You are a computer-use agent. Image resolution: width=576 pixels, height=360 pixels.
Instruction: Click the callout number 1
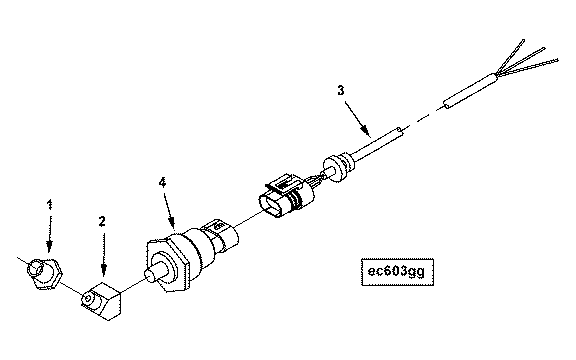(50, 205)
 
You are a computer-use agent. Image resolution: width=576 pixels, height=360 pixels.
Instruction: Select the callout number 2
(102, 221)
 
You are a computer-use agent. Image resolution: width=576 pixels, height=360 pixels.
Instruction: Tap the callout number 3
(341, 90)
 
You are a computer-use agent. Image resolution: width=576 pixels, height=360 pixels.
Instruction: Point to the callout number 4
(162, 183)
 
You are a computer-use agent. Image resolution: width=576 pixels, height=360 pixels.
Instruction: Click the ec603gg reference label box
(397, 272)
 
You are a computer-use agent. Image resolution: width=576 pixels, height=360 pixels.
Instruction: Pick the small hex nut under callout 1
(44, 273)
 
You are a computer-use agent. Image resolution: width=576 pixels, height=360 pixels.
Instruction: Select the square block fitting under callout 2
(101, 300)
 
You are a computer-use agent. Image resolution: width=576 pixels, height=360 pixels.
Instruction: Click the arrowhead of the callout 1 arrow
(49, 247)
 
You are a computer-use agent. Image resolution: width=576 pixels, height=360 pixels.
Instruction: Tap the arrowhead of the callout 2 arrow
(104, 270)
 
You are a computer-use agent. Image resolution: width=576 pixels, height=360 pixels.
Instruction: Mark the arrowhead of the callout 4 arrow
(172, 222)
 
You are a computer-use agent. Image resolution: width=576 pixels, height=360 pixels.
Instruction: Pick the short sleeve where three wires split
(471, 91)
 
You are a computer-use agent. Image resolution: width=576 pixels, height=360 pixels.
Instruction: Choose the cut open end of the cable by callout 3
(400, 130)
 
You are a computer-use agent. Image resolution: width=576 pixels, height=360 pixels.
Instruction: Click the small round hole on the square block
(87, 299)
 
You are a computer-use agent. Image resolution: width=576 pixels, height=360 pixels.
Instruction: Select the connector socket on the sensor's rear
(222, 233)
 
